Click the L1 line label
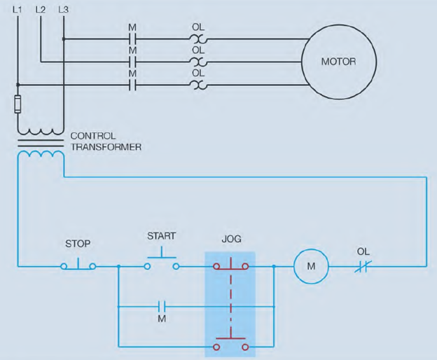(18, 9)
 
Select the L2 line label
(41, 9)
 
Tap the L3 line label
(64, 9)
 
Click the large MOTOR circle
(338, 62)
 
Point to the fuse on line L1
(18, 105)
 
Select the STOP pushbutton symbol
(78, 265)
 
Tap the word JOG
(231, 239)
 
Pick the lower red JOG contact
(231, 344)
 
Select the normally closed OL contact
(363, 266)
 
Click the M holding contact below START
(162, 306)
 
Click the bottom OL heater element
(198, 85)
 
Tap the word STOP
(78, 244)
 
